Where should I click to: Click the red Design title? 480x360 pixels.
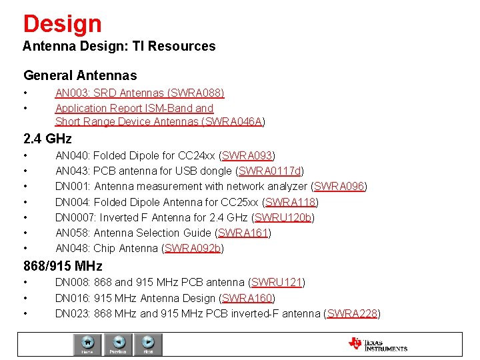62,24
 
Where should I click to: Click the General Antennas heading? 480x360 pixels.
80,76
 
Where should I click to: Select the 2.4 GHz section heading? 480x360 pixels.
47,139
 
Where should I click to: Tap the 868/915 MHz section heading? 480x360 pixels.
63,266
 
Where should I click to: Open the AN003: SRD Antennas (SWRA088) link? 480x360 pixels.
139,93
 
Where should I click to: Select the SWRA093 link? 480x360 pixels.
247,156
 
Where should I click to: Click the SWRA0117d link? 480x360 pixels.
270,171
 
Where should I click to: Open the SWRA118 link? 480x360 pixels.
291,202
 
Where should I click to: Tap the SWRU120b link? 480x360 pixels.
283,217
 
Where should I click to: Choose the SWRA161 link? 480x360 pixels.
243,233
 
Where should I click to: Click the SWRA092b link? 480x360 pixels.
193,248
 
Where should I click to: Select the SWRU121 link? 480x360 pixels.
277,283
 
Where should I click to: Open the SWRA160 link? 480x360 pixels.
247,298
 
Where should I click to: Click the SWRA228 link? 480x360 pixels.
352,313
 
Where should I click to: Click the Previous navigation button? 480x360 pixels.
118,345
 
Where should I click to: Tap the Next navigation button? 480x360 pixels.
148,345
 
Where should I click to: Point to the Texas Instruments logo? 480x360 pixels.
377,344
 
